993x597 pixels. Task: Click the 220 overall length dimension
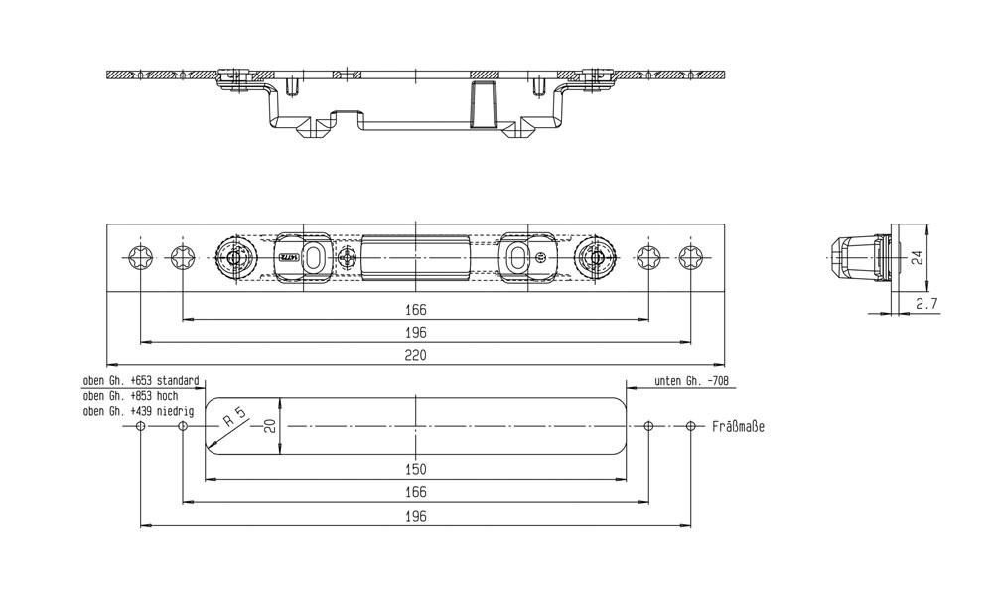416,355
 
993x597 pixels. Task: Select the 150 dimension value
416,469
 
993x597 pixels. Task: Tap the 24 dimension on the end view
918,256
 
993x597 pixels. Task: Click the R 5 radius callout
234,417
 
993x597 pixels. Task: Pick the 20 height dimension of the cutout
268,425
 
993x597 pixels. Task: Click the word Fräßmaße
738,426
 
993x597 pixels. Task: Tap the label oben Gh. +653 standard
141,381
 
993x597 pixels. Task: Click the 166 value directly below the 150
416,493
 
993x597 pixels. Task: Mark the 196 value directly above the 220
416,333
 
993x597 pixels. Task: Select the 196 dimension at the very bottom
416,517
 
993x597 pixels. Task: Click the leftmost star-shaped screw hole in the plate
140,257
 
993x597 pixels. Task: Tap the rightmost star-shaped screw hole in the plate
692,257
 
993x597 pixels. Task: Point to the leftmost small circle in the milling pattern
140,426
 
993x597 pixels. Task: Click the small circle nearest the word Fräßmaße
692,426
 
